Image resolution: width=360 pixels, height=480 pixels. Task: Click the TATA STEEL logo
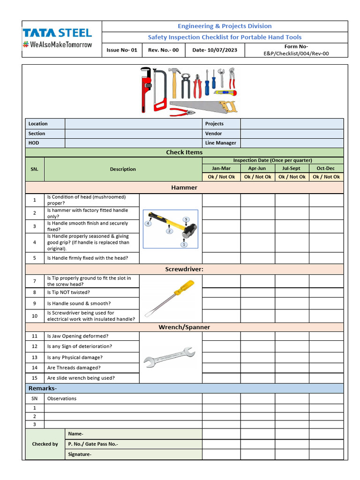coord(57,33)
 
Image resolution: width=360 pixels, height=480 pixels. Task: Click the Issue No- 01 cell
coord(122,50)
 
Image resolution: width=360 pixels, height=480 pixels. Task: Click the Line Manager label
coord(220,143)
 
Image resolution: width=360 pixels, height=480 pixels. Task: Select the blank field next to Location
coord(133,124)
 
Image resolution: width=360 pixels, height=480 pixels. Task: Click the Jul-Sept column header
coord(292,168)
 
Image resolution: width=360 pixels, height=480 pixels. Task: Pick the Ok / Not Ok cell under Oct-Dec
coord(326,177)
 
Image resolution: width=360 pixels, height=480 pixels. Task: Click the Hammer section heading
coord(184,187)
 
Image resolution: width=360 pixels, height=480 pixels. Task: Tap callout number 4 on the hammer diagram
coord(148,224)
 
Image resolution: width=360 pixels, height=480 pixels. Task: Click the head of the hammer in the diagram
coord(190,231)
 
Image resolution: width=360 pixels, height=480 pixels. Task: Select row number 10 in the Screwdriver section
coord(35,316)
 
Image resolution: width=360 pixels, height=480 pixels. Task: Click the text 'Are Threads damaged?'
coord(74,368)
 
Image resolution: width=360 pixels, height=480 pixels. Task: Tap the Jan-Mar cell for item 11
coord(221,336)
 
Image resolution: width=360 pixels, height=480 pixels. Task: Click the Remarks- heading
coord(43,389)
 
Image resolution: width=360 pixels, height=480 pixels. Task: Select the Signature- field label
coord(80,454)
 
